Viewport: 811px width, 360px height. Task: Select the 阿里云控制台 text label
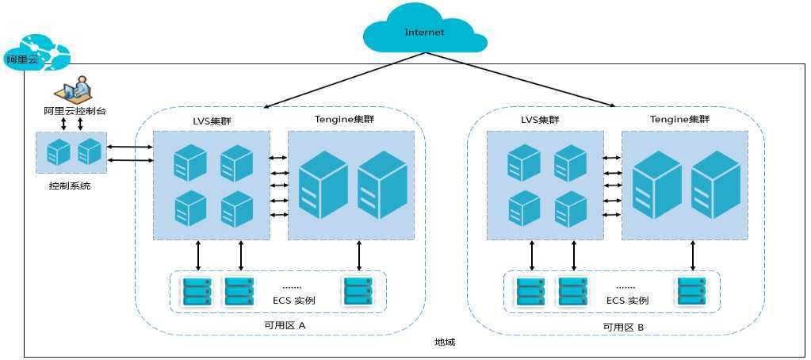[75, 111]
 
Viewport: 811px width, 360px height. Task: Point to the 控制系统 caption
[70, 186]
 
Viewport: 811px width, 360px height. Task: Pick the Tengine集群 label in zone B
[679, 120]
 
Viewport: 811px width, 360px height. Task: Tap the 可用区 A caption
[286, 325]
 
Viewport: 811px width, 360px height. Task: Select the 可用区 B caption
[623, 327]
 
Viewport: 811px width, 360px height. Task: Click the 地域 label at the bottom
[445, 342]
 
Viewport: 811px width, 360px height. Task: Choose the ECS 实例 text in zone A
[294, 301]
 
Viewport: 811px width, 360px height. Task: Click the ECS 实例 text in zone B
[627, 301]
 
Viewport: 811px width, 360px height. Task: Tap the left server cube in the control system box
[58, 152]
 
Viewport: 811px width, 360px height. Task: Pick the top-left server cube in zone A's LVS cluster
[189, 163]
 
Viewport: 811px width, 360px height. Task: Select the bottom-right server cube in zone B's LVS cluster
[571, 209]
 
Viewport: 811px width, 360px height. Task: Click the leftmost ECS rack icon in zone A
[197, 292]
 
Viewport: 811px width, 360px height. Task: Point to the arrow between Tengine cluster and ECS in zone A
[359, 255]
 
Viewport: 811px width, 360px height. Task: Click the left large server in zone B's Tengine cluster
[656, 185]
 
